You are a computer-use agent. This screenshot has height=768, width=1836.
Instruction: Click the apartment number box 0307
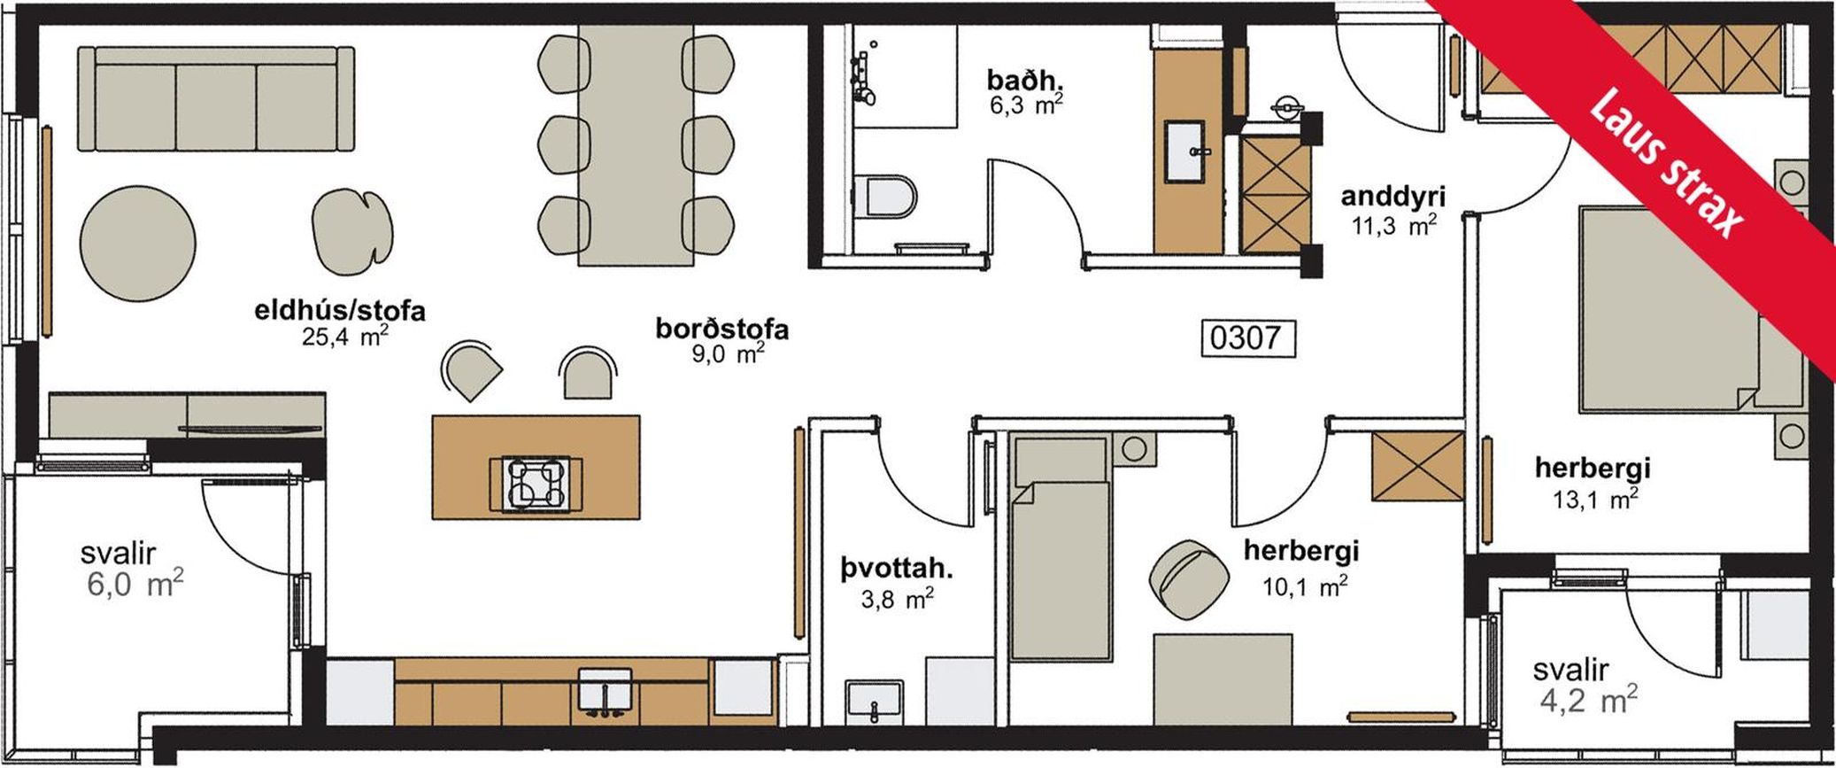1247,337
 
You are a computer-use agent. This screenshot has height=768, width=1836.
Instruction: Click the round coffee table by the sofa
137,242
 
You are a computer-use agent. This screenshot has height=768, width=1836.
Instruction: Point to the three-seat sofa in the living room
217,98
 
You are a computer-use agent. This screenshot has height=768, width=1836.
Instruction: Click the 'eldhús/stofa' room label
340,311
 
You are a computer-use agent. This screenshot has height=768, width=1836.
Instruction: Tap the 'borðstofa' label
722,329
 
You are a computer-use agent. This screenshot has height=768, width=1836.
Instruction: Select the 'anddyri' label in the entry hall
1392,196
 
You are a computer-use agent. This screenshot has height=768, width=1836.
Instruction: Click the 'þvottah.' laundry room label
897,569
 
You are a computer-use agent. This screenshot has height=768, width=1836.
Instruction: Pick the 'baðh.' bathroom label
1025,81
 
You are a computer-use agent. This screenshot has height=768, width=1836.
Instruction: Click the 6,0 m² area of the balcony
135,585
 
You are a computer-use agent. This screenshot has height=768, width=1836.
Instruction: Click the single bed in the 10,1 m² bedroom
1061,549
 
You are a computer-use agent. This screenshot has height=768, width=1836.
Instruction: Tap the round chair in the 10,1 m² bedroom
1189,580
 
